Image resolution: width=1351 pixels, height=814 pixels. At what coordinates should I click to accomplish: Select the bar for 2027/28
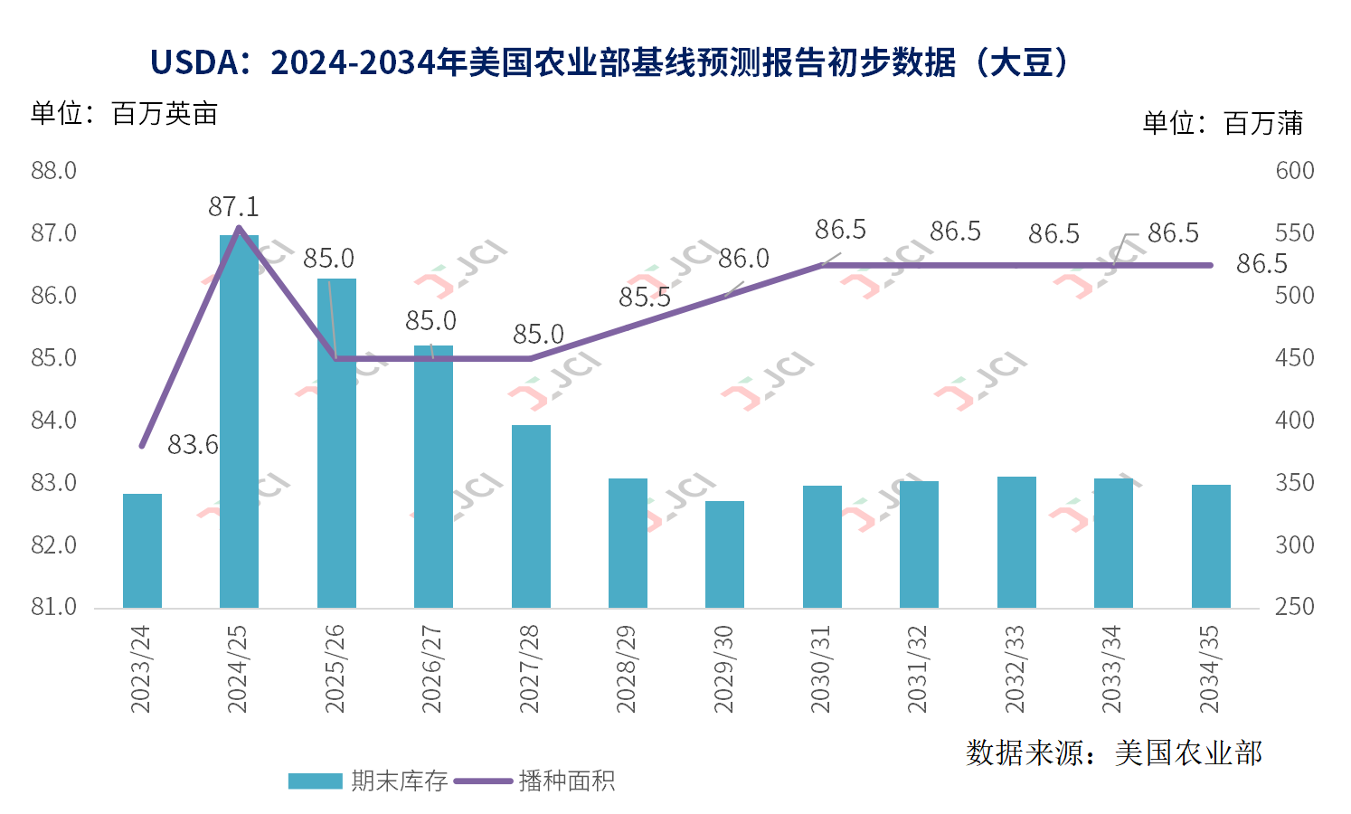point(531,516)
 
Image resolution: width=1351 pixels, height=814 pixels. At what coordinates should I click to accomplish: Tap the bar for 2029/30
point(724,554)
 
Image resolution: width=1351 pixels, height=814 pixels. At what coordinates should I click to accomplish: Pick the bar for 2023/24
point(142,550)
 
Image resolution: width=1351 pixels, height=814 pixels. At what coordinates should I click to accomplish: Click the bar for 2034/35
point(1211,545)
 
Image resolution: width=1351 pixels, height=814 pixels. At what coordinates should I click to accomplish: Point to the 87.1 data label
point(233,207)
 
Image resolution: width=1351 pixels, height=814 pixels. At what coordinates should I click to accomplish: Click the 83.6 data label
point(193,445)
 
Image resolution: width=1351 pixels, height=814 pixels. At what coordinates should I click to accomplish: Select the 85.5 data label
point(645,298)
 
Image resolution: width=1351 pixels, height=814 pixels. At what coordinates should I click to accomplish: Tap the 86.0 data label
point(743,259)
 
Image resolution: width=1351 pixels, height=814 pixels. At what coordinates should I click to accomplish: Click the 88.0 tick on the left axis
point(53,171)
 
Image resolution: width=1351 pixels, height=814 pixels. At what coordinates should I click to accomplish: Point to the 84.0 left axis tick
point(53,421)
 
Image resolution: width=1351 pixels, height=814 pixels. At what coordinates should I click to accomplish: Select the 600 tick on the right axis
point(1294,171)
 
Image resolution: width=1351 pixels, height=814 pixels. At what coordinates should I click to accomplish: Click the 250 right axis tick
point(1294,607)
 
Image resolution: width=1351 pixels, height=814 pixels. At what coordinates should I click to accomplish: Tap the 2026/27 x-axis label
point(432,668)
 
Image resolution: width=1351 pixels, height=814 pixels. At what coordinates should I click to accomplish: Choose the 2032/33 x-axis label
point(1016,668)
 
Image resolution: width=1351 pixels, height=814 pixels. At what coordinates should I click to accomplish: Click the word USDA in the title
point(193,62)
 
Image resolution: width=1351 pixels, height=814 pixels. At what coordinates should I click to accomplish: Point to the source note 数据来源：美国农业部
point(1113,752)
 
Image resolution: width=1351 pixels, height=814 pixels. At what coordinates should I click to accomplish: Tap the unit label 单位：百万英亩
point(124,114)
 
